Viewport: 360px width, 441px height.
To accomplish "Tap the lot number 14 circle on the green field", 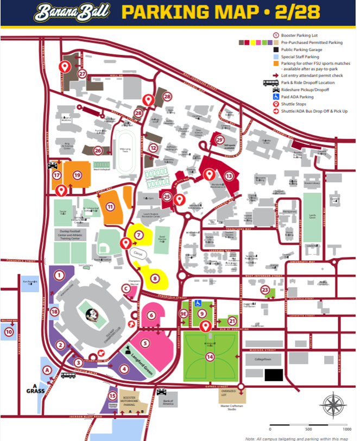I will click(x=210, y=357).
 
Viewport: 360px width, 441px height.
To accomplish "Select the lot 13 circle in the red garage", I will click(x=229, y=176).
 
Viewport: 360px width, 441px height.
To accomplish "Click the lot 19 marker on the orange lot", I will click(x=77, y=175).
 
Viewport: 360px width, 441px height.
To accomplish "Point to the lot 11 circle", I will click(x=110, y=206).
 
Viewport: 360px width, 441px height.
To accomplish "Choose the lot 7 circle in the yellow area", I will click(x=139, y=235).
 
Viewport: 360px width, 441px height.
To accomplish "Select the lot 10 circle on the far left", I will click(x=8, y=331).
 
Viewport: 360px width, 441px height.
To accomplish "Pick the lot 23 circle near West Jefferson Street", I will click(x=265, y=290).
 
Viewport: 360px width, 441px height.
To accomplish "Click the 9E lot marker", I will click(x=184, y=313).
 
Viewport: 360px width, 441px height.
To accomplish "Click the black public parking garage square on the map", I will click(x=274, y=375).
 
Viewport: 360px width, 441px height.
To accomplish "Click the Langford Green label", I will click(x=142, y=357).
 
